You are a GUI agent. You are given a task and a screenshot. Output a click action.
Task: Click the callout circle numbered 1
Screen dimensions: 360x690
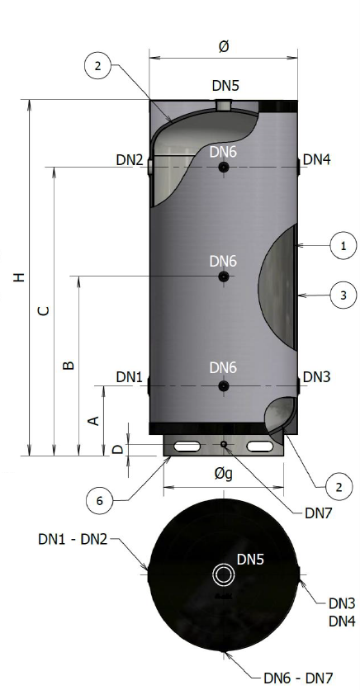click(343, 246)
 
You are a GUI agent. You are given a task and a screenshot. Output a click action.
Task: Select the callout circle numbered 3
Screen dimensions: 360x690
click(343, 295)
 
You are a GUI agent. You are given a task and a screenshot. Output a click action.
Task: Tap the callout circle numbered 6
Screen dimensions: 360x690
click(99, 500)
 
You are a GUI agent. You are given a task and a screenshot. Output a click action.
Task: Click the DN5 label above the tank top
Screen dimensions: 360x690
click(225, 85)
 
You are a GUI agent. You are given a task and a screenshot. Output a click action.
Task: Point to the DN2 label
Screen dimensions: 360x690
click(130, 160)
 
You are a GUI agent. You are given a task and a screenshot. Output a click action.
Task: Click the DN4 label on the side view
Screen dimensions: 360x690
click(317, 159)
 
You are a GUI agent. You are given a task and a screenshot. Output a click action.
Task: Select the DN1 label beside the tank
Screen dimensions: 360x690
click(130, 377)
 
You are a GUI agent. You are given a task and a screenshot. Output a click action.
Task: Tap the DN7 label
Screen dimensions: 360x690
click(319, 513)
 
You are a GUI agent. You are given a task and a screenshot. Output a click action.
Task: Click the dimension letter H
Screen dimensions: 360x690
click(18, 277)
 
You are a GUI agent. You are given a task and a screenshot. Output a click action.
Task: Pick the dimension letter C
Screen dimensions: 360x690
click(43, 310)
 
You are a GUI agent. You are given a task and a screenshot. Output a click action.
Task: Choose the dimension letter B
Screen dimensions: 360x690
click(69, 366)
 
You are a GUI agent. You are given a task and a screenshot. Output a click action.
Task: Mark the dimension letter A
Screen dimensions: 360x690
click(94, 421)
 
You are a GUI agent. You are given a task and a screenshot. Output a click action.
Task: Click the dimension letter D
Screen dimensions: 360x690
click(118, 449)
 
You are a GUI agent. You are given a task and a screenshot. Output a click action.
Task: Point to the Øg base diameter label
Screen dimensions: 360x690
click(224, 475)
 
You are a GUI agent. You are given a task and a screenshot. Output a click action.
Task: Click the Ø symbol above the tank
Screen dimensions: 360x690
click(224, 47)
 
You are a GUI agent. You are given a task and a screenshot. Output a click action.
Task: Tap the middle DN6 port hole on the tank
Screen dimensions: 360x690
click(224, 276)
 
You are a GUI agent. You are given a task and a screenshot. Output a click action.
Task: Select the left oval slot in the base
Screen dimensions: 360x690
click(187, 447)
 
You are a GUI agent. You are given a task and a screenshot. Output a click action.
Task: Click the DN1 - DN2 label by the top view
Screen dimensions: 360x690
click(73, 539)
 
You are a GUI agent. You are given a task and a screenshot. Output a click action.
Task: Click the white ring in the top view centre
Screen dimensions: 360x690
click(224, 574)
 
